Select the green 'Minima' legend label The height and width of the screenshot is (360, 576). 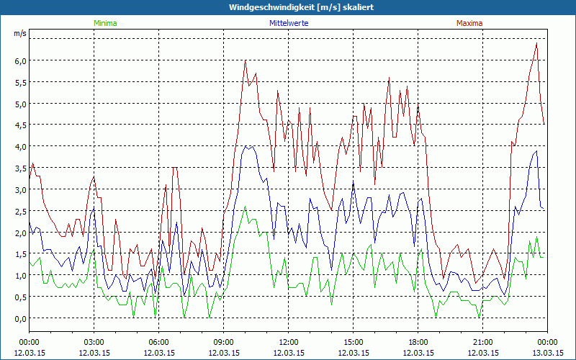(x=105, y=23)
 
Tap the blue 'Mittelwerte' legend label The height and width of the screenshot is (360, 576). (x=289, y=23)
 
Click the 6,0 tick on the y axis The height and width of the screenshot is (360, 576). (x=20, y=60)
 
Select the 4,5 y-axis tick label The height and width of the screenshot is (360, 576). (x=20, y=125)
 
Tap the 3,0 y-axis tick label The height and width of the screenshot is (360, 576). (x=20, y=189)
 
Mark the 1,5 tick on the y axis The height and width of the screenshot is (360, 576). (x=20, y=254)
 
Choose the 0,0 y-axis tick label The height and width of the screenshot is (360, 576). (x=20, y=318)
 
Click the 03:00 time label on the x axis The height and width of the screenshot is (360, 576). (x=94, y=342)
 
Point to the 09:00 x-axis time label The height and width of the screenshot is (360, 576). (x=223, y=342)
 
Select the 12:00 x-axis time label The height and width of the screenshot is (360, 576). (x=288, y=342)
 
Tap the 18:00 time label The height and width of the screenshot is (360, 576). (x=418, y=342)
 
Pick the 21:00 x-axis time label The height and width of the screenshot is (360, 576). (x=482, y=342)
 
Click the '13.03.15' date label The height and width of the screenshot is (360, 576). (x=546, y=353)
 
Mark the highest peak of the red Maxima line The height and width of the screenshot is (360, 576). (x=536, y=43)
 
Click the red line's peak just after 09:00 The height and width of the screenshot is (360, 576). (x=246, y=60)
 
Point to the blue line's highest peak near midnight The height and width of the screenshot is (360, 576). (x=536, y=150)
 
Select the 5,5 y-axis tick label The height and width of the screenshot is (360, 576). (x=20, y=82)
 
